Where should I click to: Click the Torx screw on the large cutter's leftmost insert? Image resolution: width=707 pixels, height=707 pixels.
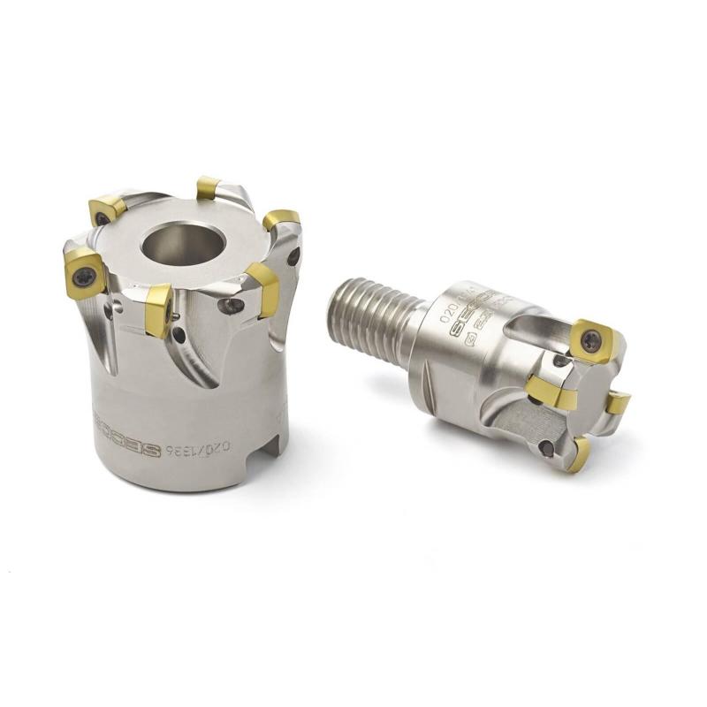coord(83,272)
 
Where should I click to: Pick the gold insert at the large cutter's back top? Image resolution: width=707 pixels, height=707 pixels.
coord(208,186)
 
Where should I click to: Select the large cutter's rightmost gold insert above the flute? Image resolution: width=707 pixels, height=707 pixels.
coord(263,288)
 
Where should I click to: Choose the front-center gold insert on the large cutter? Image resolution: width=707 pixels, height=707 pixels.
coord(158,308)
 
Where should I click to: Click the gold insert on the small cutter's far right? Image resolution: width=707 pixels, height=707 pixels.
coord(619,404)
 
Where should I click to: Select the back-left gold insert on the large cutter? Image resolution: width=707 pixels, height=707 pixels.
coord(106,210)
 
